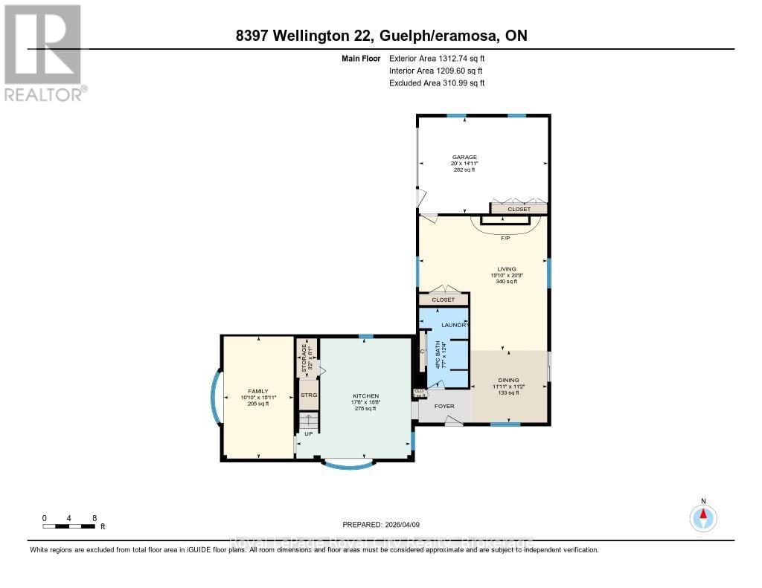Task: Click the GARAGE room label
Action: tap(464, 157)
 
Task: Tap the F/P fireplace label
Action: tap(504, 238)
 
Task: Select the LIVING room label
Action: tap(507, 269)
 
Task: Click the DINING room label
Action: tap(508, 380)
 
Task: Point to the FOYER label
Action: tap(444, 407)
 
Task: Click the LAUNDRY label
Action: tap(455, 326)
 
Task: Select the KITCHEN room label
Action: tap(365, 395)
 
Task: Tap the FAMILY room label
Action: tap(257, 391)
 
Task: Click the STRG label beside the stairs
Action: tap(308, 395)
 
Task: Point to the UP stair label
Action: tap(307, 433)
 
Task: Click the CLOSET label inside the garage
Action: tap(519, 210)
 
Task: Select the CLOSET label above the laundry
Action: tap(443, 300)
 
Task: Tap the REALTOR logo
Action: tap(44, 52)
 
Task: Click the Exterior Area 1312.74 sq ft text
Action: tap(437, 58)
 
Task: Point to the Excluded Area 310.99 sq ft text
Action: tap(437, 83)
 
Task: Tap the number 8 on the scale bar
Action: tap(93, 518)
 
